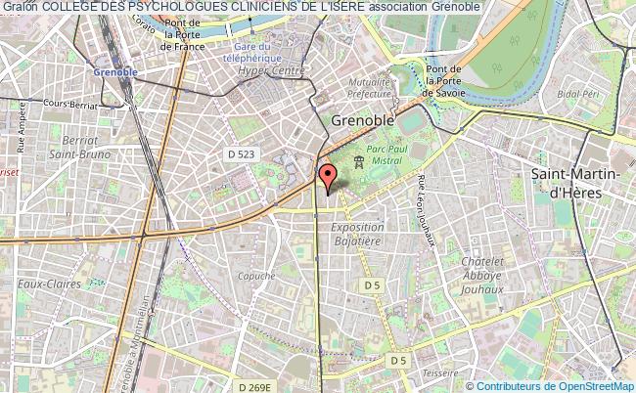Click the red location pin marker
point(328,177)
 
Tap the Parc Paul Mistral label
point(390,156)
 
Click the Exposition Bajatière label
point(357,234)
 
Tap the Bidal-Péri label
point(577,93)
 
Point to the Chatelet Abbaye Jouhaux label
point(481,276)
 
